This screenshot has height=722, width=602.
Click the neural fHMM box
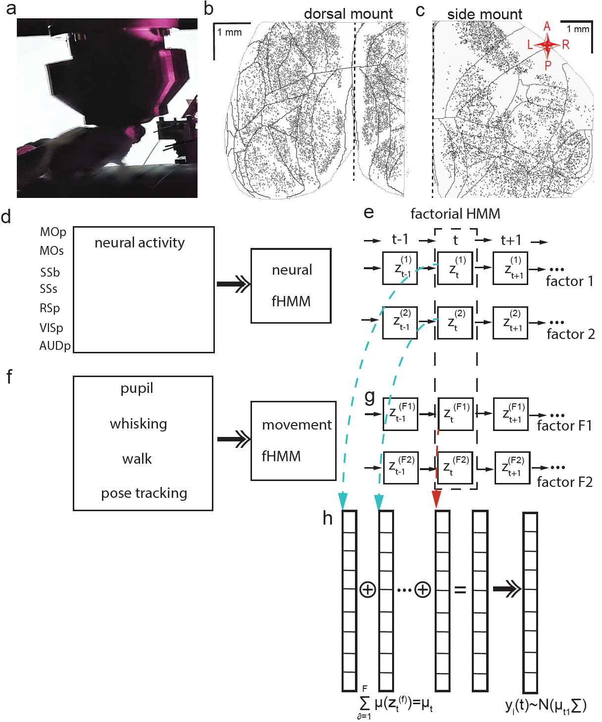pos(291,286)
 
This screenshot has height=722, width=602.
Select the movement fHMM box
pos(294,440)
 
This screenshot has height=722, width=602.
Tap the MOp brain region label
pos(53,232)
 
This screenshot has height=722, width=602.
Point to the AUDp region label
pos(55,345)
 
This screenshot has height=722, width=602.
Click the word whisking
pos(139,424)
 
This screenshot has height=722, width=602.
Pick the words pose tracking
pos(144,493)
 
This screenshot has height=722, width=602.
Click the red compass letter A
pos(547,27)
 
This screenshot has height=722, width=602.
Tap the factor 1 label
pos(569,281)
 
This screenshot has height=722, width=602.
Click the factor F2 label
pos(565,482)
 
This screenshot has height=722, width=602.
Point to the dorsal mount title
pos(349,14)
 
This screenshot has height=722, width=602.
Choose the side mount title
pos(485,14)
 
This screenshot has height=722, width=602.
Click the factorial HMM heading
pos(455,214)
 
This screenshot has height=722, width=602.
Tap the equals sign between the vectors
pos(460,589)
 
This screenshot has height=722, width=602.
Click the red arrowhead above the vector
pos(437,499)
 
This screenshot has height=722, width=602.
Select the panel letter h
pos(328,518)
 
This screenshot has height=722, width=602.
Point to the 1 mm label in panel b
pos(230,33)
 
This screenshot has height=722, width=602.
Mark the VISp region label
pos(51,328)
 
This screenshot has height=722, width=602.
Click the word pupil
pos(137,388)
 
